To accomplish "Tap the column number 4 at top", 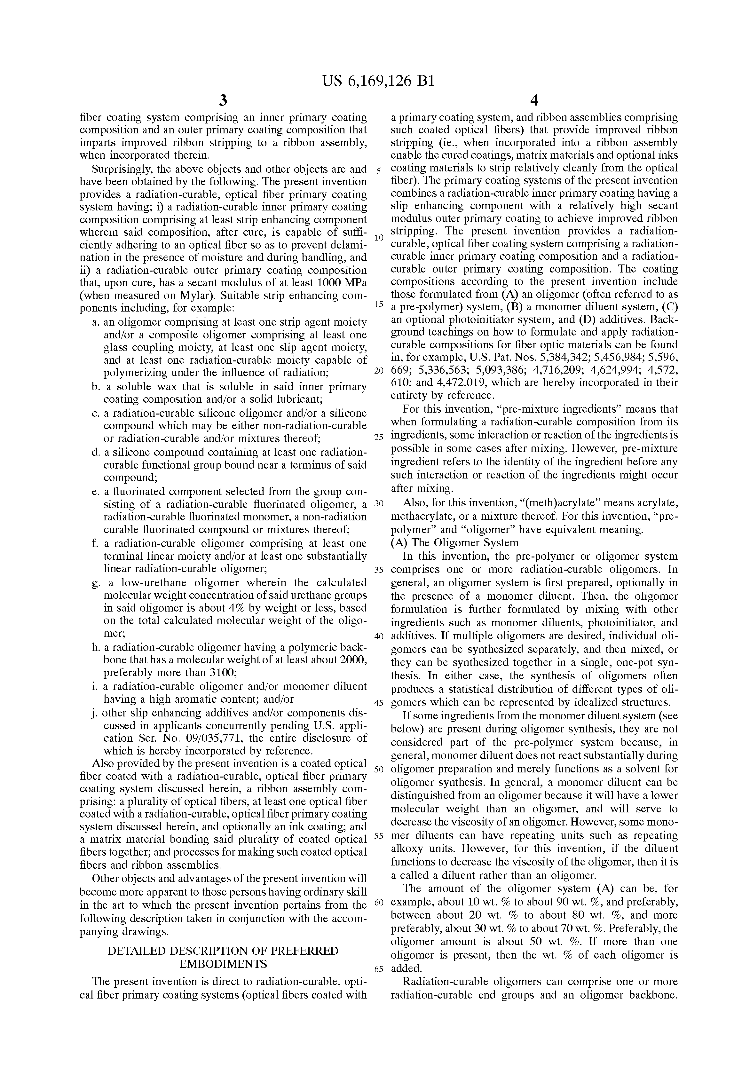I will [534, 100].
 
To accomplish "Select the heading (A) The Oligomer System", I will [454, 543].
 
